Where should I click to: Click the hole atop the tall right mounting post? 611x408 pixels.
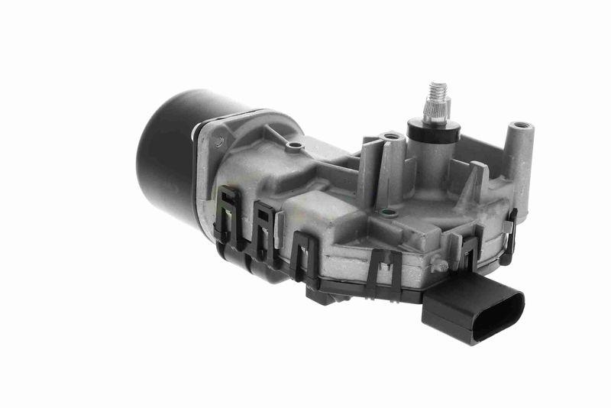[522, 125]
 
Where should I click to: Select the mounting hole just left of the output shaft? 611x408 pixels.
[393, 138]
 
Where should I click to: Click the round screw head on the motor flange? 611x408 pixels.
[219, 140]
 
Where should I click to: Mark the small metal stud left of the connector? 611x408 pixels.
[441, 266]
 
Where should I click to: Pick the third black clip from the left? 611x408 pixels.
[303, 253]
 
